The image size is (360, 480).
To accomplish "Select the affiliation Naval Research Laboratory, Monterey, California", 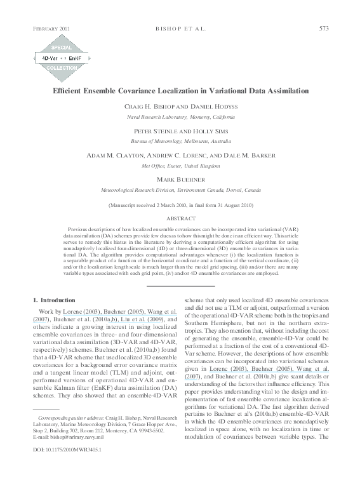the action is click(x=180, y=118).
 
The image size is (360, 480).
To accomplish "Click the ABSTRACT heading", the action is click(x=180, y=218).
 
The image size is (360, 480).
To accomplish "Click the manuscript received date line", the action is click(x=180, y=206).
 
